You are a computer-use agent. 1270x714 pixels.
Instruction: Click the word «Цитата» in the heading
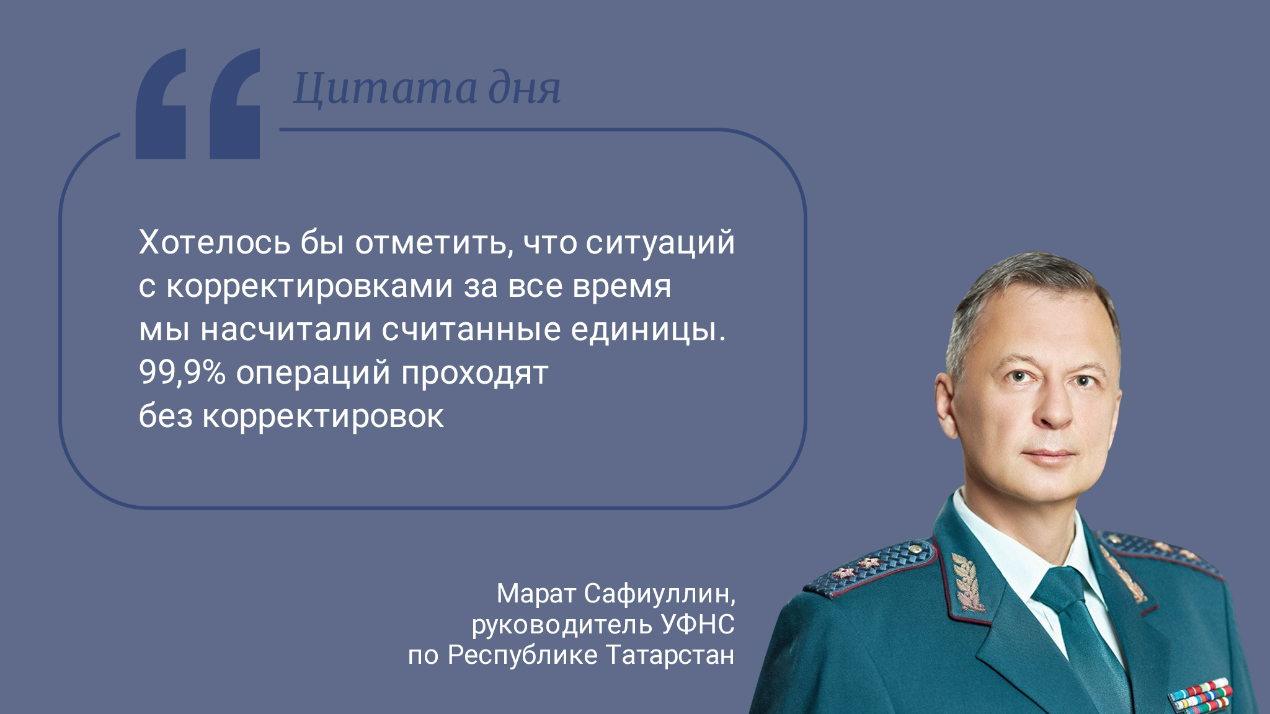click(385, 89)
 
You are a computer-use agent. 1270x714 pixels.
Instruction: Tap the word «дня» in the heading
click(525, 89)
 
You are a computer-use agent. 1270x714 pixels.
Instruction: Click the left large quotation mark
click(161, 104)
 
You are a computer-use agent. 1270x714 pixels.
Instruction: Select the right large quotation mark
click(234, 104)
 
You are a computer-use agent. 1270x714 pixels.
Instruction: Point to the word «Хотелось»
click(215, 242)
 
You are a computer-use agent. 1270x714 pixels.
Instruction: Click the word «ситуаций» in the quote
click(660, 243)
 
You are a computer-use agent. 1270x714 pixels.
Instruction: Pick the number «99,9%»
click(182, 372)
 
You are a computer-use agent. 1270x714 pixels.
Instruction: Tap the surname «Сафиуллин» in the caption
click(660, 594)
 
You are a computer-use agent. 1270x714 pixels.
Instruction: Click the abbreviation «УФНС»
click(698, 624)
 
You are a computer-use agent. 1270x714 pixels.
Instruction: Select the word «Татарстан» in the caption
click(670, 655)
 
